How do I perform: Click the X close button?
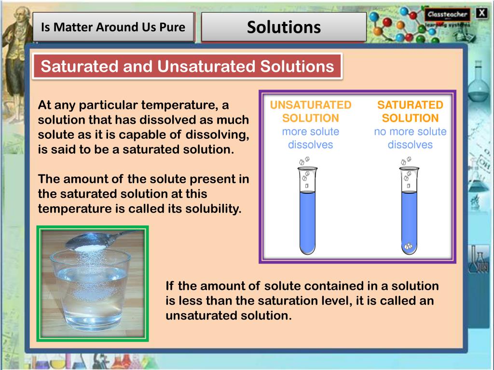[x=482, y=13]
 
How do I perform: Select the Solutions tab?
[x=284, y=27]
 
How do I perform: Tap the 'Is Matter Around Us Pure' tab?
[x=113, y=27]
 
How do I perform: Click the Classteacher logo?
[x=447, y=14]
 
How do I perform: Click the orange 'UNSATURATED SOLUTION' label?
[x=311, y=111]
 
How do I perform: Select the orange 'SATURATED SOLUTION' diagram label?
[x=410, y=111]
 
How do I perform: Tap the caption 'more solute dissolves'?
[x=311, y=138]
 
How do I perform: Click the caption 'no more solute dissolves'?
[x=410, y=138]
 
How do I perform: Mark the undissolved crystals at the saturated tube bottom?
[x=409, y=247]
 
